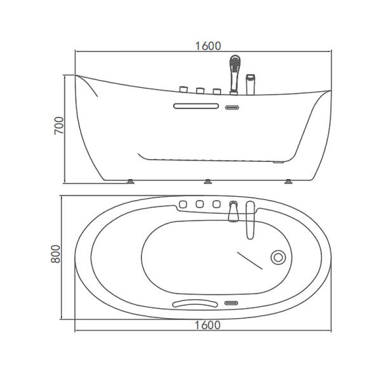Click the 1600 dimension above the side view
click(208, 45)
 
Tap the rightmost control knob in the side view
click(217, 91)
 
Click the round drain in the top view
click(278, 257)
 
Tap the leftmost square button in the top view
click(183, 204)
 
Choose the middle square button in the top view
click(199, 204)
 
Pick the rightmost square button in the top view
click(217, 204)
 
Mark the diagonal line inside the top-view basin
click(250, 260)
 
